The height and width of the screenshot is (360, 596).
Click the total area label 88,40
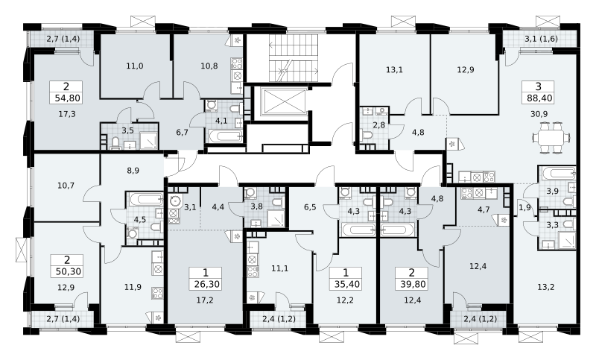click(539, 98)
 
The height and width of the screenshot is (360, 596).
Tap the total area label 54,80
click(67, 98)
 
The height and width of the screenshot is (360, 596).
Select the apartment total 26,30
click(206, 284)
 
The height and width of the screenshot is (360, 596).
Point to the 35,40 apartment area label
click(346, 284)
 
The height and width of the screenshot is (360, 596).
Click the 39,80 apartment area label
click(412, 284)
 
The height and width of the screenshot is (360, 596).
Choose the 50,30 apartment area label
click(68, 271)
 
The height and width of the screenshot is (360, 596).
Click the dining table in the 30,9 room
click(551, 138)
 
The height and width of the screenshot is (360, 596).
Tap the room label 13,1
click(394, 70)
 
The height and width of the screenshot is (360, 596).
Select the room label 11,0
click(135, 66)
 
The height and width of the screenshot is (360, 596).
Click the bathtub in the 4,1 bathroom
click(225, 136)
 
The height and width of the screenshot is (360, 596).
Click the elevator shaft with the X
click(283, 102)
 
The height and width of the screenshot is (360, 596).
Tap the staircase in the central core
click(293, 57)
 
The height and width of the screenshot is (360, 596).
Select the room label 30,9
click(539, 113)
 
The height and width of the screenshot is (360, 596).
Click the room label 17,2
click(205, 300)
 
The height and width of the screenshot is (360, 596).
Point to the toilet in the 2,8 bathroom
click(367, 136)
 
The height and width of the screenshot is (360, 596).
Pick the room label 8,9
click(133, 171)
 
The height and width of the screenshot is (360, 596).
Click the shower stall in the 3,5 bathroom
click(148, 140)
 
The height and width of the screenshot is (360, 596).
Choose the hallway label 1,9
click(525, 207)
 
